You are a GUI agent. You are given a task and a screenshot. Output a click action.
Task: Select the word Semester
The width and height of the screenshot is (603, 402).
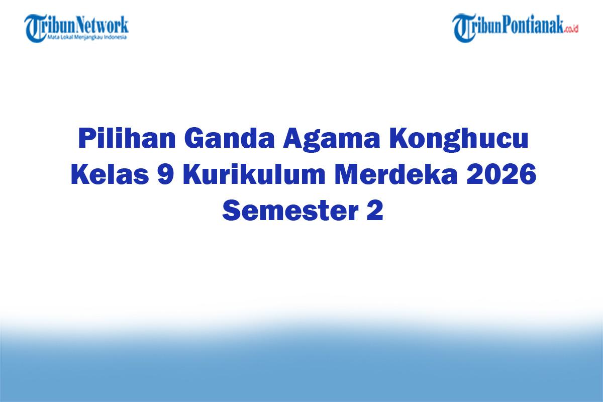coord(288,211)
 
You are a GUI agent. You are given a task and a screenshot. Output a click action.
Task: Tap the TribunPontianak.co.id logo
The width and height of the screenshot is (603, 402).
coord(515,28)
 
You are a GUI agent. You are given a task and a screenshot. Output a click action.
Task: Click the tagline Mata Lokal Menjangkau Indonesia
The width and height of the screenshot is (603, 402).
coord(87,37)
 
